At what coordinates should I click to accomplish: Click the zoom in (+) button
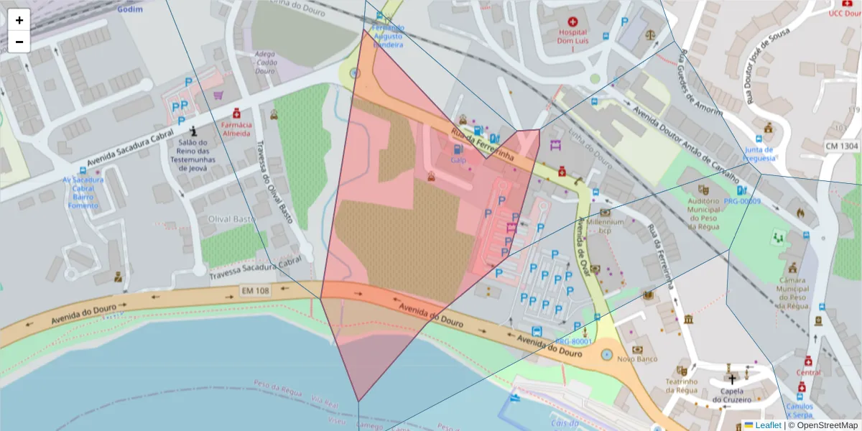point(19,20)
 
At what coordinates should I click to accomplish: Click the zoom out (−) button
point(19,42)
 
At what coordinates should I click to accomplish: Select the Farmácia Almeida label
point(236,129)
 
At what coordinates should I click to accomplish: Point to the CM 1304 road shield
point(841,147)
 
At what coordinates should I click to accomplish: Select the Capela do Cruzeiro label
point(731,395)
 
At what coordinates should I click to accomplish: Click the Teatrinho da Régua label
point(682,386)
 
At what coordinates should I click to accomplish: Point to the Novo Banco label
point(633,358)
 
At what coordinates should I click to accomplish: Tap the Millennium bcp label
point(605,226)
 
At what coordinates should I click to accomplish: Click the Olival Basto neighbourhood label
point(231,218)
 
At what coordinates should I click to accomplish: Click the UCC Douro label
point(845,13)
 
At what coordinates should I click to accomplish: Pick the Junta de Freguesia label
point(760,153)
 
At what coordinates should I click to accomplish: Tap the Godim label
point(130,9)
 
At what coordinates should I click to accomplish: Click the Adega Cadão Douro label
point(265,62)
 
